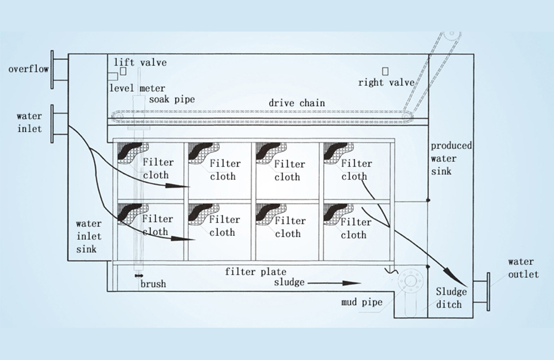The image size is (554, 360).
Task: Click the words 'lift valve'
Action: pos(140,63)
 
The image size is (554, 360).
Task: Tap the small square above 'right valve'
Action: pos(386,70)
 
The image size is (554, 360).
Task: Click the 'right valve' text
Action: pos(386,83)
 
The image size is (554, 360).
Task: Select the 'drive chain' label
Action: pos(297,103)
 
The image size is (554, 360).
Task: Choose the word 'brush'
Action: pos(152,284)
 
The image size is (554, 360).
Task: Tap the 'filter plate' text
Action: pos(256,271)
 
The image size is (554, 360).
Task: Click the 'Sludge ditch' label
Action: pos(451,297)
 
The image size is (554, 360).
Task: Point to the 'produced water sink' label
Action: pos(451,158)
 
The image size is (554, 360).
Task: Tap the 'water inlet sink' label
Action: pos(89,236)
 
